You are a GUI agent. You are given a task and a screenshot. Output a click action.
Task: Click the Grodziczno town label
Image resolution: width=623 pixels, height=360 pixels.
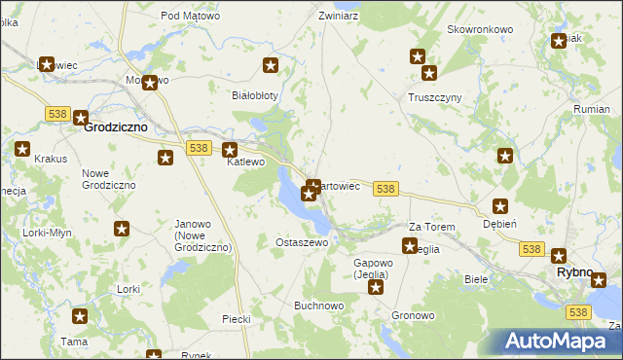[x=115, y=126]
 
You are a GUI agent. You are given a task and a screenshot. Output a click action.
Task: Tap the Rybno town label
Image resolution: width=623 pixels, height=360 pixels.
[x=574, y=272]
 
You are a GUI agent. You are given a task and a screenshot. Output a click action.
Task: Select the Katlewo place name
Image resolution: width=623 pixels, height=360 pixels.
[x=245, y=162]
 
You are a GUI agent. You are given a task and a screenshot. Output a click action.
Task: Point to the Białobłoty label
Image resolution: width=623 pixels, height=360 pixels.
[x=255, y=95]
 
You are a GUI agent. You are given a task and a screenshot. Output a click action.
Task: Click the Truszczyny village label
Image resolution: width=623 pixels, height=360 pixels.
[x=434, y=97]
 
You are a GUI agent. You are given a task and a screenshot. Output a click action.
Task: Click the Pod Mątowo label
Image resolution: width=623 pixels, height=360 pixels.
[x=190, y=16]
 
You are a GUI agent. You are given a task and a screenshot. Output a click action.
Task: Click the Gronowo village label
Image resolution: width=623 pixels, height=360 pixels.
[x=413, y=316]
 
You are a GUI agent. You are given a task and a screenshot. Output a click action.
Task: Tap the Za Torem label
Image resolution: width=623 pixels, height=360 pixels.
[x=431, y=227]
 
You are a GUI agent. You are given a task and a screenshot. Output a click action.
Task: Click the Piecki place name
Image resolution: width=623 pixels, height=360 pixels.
[x=237, y=319]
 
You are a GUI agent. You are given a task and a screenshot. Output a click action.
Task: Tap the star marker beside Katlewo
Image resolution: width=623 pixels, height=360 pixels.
[x=230, y=150]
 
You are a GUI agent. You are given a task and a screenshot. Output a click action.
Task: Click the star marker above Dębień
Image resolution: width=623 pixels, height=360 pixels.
[x=500, y=206]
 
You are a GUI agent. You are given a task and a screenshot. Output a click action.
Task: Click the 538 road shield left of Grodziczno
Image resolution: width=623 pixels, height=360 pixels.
[x=55, y=114]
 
